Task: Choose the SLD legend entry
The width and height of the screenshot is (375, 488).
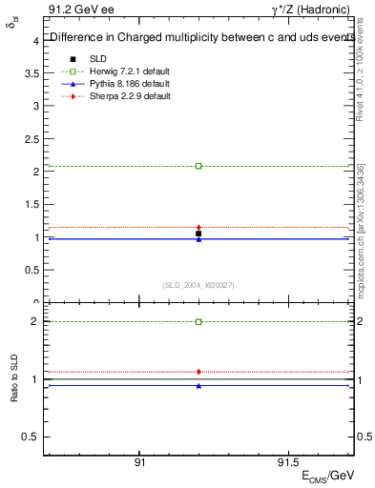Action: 99,59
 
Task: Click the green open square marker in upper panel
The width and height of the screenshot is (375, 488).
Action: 198,166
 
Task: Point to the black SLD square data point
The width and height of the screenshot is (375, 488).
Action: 198,234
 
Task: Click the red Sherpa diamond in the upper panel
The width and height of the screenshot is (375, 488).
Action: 198,228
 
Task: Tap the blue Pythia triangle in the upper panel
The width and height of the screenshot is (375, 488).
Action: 198,239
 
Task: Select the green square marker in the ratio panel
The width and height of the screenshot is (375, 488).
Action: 198,322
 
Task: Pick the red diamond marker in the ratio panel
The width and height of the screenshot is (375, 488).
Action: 198,372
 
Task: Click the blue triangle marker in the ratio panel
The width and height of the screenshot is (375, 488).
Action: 198,386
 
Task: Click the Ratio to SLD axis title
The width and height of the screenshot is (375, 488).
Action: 14,394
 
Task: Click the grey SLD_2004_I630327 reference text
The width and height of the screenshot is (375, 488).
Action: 198,285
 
